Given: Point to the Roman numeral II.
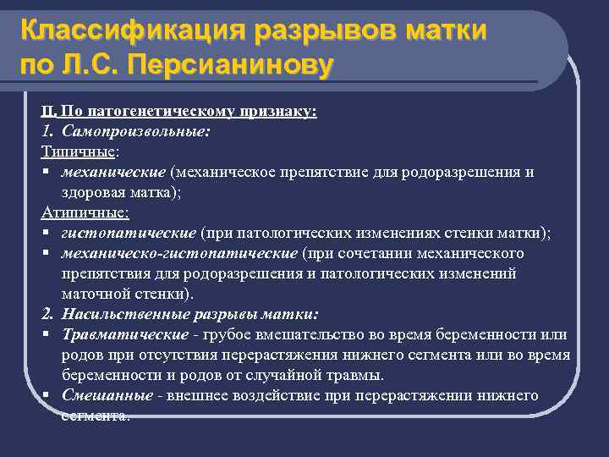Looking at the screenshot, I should tap(48, 112).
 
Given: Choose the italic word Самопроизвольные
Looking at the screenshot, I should tap(135, 132).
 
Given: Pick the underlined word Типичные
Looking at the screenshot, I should tap(79, 151).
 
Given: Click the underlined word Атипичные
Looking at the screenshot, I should tap(84, 213).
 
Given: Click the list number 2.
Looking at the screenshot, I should tap(48, 314).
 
